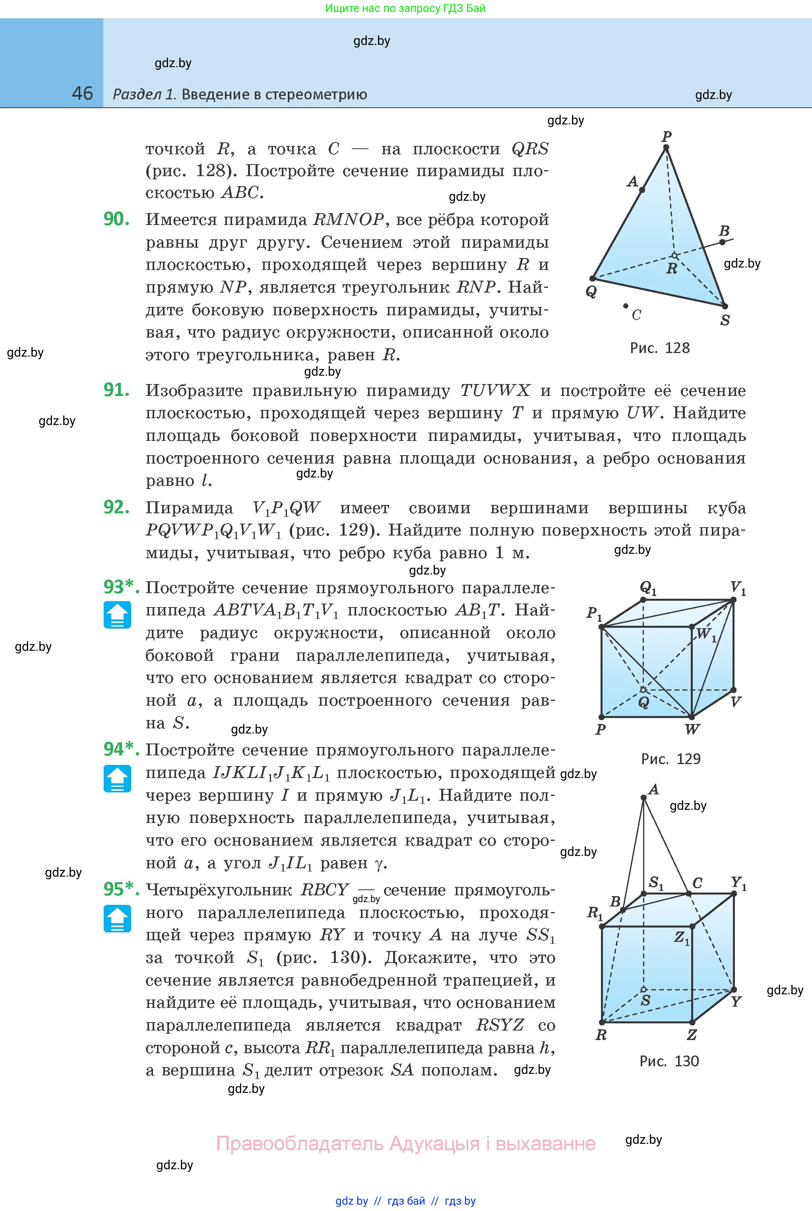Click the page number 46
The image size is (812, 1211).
pyautogui.click(x=82, y=93)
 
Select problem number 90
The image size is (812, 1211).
pyautogui.click(x=116, y=219)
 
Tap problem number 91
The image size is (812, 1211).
pyautogui.click(x=116, y=390)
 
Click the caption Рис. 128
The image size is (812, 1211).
pyautogui.click(x=660, y=347)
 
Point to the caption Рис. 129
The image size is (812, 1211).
pyautogui.click(x=671, y=759)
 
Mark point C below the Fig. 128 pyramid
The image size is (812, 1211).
pyautogui.click(x=626, y=306)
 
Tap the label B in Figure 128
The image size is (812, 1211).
pyautogui.click(x=725, y=231)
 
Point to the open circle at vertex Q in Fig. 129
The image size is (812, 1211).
pyautogui.click(x=643, y=690)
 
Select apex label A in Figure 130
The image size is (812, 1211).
pyautogui.click(x=653, y=790)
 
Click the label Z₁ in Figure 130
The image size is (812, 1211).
pyautogui.click(x=682, y=937)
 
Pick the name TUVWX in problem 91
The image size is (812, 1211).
pyautogui.click(x=495, y=390)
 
